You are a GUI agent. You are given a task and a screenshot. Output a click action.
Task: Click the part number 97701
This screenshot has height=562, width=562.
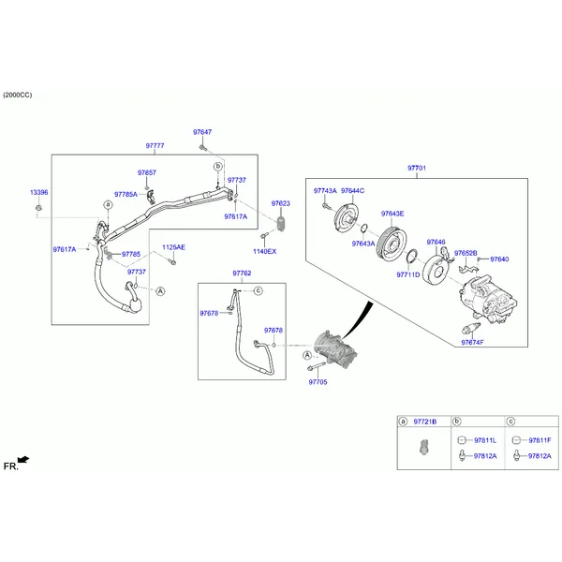coord(417,168)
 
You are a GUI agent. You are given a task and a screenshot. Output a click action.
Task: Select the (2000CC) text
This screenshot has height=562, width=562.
coord(18,96)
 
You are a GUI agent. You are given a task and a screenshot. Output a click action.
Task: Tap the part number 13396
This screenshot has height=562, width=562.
coord(38,192)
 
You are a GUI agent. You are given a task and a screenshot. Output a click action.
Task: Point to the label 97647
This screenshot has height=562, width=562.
coord(202,132)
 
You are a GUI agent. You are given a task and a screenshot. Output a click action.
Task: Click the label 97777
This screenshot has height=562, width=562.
coord(155,146)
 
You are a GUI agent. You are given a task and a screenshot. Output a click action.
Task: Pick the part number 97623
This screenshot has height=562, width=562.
coord(281,203)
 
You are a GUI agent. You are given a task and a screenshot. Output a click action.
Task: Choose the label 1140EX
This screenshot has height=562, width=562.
coord(264,251)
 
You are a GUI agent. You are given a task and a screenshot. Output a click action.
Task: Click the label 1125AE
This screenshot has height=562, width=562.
coord(173,247)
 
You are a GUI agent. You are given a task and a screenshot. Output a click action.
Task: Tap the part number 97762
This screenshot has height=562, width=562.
coord(242,274)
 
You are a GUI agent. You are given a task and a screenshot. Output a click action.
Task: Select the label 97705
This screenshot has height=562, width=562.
coord(318,382)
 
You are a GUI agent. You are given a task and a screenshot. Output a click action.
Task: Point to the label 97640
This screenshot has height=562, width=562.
coord(499,259)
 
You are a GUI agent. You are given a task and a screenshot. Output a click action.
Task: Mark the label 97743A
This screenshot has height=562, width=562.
coord(325,191)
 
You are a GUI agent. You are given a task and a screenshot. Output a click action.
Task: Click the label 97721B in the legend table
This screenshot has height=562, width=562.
coord(426,422)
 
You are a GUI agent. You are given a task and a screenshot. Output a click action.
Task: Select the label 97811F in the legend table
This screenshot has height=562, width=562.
coord(540,440)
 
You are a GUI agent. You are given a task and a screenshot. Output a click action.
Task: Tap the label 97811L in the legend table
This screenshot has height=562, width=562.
coord(485,440)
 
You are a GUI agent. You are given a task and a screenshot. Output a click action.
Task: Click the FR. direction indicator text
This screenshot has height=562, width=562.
coord(10,466)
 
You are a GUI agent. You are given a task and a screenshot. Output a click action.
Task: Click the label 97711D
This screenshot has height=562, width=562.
coord(407,275)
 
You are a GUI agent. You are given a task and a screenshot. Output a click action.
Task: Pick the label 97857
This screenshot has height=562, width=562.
coord(147,173)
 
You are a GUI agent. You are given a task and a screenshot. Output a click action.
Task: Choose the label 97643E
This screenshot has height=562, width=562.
coord(392,214)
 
